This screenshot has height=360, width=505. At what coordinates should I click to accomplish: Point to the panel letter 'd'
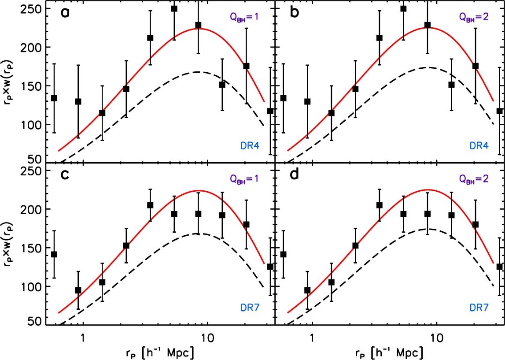(294, 178)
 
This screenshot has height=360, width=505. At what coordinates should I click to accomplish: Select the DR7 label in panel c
(247, 306)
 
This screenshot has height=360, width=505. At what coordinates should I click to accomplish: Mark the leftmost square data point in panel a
(54, 98)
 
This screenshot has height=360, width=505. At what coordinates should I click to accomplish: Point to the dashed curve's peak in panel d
(426, 229)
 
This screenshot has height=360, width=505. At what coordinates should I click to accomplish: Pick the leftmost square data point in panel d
(283, 254)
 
